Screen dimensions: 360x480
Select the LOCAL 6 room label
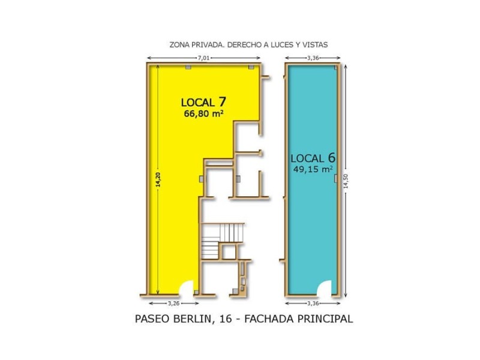pyautogui.click(x=313, y=158)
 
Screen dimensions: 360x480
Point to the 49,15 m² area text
pyautogui.click(x=313, y=170)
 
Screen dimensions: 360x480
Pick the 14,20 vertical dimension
pyautogui.click(x=158, y=180)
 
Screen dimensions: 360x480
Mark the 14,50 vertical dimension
pyautogui.click(x=345, y=180)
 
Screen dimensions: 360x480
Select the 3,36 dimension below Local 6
pyautogui.click(x=313, y=302)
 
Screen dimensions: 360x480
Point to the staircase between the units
pyautogui.click(x=223, y=240)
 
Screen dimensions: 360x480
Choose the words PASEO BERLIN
pyautogui.click(x=173, y=319)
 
